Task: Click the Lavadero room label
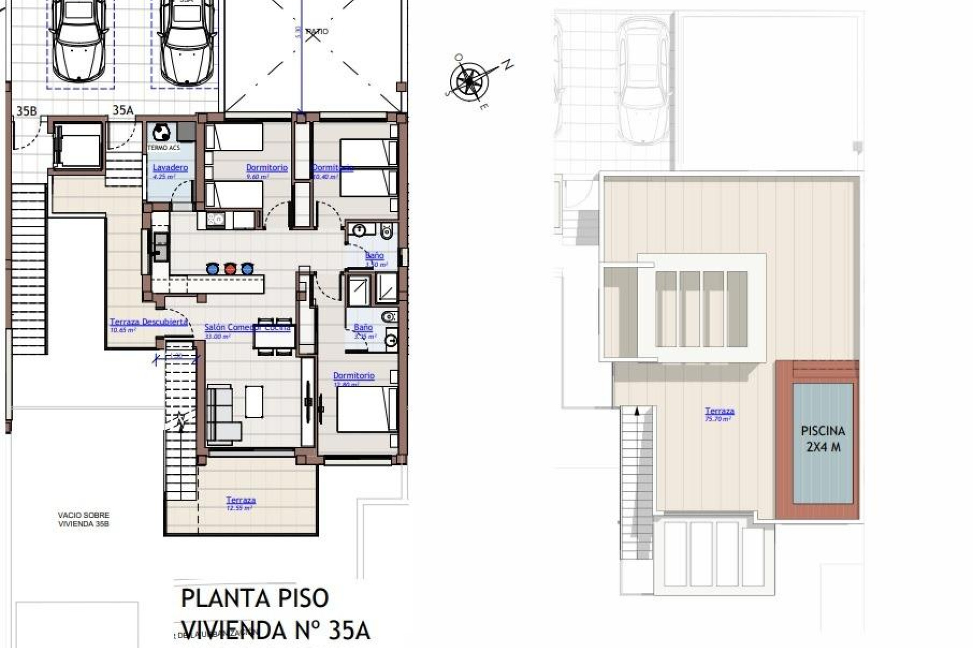click(170, 168)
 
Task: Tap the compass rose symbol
click(469, 80)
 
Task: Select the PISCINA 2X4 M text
click(822, 438)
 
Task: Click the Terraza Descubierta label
click(149, 322)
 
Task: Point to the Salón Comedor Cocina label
click(247, 328)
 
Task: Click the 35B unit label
click(26, 111)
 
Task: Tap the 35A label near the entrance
click(123, 110)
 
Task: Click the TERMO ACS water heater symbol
click(162, 133)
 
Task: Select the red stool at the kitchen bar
click(230, 268)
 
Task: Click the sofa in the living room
click(222, 413)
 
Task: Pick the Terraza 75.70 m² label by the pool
click(720, 412)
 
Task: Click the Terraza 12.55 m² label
click(241, 500)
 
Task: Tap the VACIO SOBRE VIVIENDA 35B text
click(84, 519)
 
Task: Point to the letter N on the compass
click(507, 64)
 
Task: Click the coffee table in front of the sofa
click(254, 401)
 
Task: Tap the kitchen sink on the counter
click(161, 248)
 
